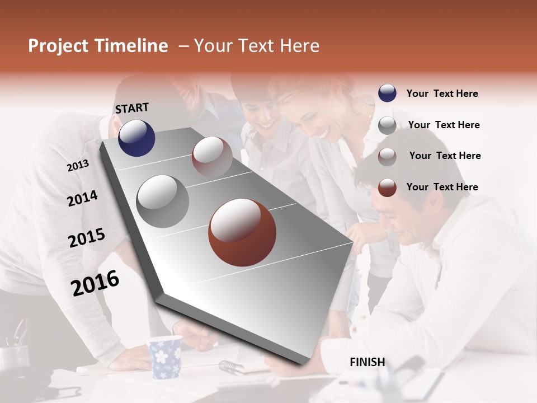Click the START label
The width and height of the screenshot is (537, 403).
pyautogui.click(x=132, y=108)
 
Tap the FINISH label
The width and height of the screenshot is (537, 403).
pyautogui.click(x=368, y=362)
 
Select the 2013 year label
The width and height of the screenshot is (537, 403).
pyautogui.click(x=78, y=166)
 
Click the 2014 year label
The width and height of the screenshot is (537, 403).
pyautogui.click(x=82, y=198)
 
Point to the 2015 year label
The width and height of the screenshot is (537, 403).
pyautogui.click(x=87, y=238)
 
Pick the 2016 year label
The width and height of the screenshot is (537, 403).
pyautogui.click(x=95, y=283)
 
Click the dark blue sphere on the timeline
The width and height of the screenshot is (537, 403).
pyautogui.click(x=136, y=138)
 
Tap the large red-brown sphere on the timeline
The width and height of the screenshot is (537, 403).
pyautogui.click(x=242, y=232)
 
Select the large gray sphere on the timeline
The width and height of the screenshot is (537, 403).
pyautogui.click(x=163, y=201)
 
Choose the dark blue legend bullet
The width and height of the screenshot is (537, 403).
pyautogui.click(x=387, y=93)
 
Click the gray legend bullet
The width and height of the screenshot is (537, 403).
pyautogui.click(x=387, y=125)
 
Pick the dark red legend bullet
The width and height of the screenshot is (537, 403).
pyautogui.click(x=387, y=188)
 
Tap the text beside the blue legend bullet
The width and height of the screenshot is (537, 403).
pyautogui.click(x=442, y=93)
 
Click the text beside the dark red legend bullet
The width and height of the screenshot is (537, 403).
pyautogui.click(x=442, y=187)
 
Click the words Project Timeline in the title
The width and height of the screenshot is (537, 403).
pyautogui.click(x=98, y=46)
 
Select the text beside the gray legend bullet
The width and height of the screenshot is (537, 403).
pyautogui.click(x=444, y=125)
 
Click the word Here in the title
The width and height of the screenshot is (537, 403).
pyautogui.click(x=299, y=46)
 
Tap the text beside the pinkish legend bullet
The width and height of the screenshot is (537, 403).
pyautogui.click(x=445, y=156)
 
